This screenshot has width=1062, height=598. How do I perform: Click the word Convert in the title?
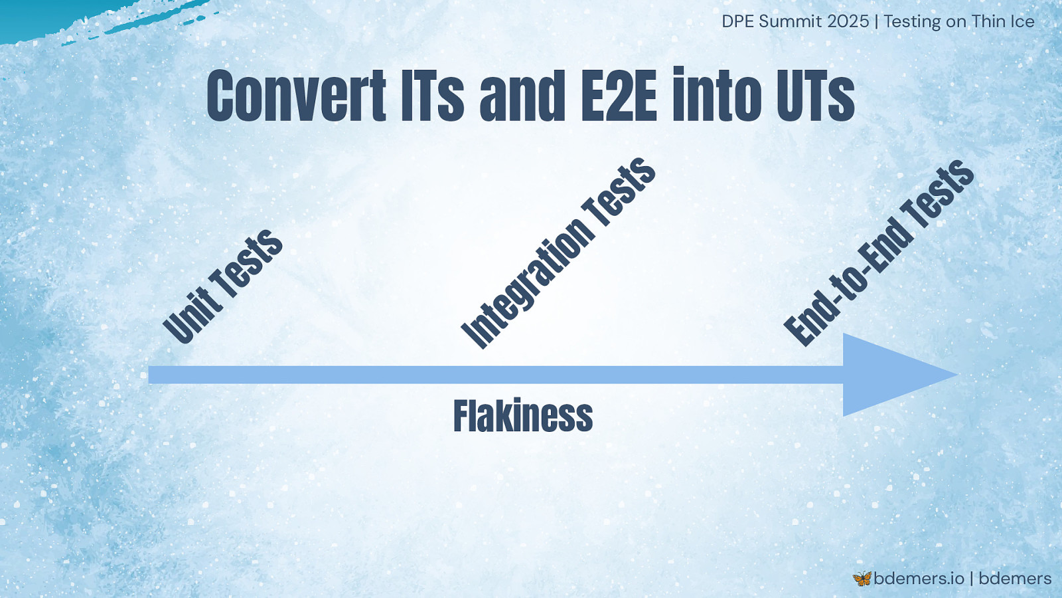[297, 96]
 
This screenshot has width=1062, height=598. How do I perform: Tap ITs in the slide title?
[432, 96]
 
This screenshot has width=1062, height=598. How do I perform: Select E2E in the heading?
[619, 96]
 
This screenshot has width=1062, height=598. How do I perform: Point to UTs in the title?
[816, 96]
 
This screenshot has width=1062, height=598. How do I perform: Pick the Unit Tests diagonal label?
[222, 286]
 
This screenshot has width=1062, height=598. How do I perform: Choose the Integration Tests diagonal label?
[558, 253]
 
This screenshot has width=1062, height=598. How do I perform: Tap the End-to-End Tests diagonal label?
[879, 253]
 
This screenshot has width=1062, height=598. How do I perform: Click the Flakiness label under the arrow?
[523, 415]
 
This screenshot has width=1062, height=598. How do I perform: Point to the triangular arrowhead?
[891, 375]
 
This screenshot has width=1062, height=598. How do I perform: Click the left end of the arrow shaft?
[149, 375]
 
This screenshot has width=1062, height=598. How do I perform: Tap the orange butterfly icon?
[862, 579]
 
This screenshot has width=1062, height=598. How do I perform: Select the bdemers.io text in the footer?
[919, 579]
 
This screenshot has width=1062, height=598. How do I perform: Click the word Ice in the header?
[1022, 21]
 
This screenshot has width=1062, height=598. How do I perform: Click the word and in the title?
[522, 96]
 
